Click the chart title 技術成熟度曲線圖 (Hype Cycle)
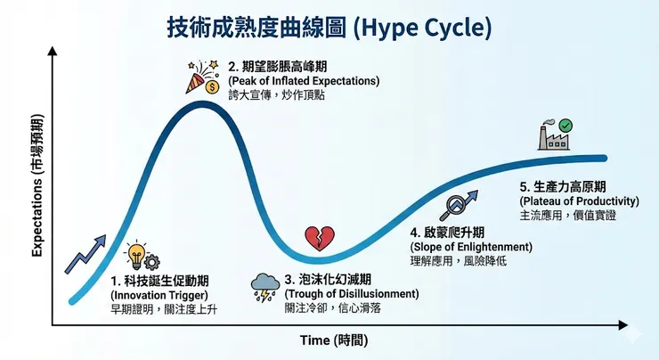click(329, 26)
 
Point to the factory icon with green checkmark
click(554, 135)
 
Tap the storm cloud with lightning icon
click(265, 285)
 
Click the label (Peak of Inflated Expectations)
click(304, 81)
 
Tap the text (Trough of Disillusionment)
click(352, 293)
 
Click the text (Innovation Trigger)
click(159, 294)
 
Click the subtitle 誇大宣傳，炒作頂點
click(276, 95)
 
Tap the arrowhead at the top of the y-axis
click(53, 52)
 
